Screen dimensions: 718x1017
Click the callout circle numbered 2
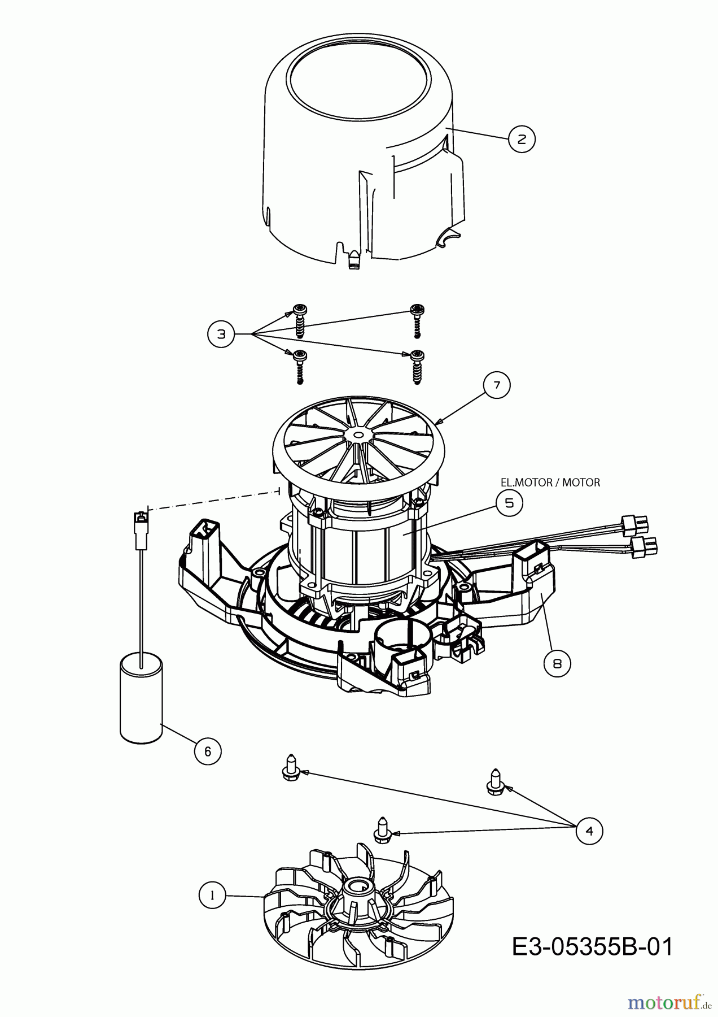[x=522, y=138]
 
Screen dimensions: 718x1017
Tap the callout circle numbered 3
[x=221, y=334]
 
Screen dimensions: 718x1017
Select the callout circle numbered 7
[x=497, y=385]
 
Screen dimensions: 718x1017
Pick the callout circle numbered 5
[x=509, y=502]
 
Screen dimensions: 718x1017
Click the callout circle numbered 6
[x=208, y=751]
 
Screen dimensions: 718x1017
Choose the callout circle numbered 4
[x=589, y=831]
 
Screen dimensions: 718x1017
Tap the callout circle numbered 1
[x=212, y=896]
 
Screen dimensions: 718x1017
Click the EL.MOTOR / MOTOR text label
[x=550, y=483]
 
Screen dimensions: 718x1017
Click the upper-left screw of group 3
[x=299, y=320]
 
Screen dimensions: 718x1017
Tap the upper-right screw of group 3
[x=417, y=320]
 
